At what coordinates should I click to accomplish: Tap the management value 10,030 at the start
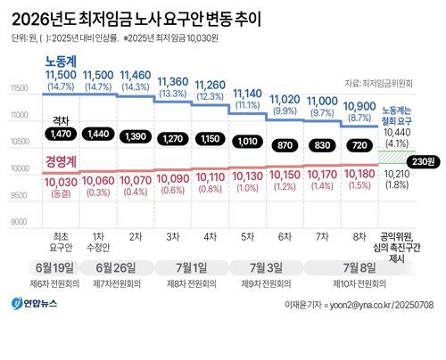pos(62,180)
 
